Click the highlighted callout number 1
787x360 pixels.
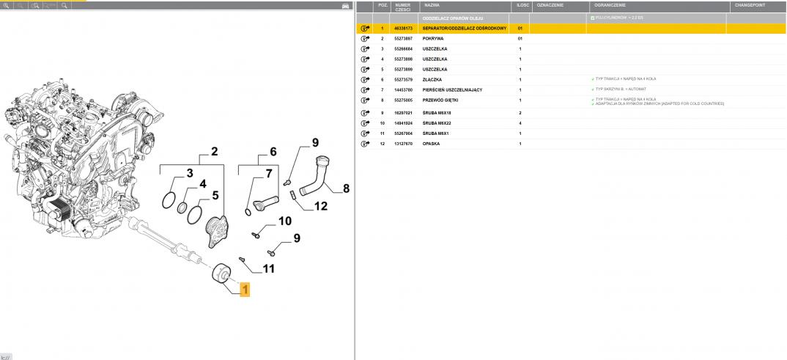(x=245, y=290)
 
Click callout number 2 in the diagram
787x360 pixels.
(x=215, y=153)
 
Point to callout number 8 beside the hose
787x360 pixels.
(x=346, y=188)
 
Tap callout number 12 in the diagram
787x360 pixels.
(x=320, y=206)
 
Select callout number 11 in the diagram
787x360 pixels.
(x=269, y=268)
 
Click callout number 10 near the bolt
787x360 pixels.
(x=284, y=221)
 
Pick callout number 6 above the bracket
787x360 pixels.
(x=273, y=153)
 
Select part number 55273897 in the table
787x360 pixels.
(x=403, y=38)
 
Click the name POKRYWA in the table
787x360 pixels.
(x=433, y=38)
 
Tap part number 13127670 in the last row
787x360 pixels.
(x=403, y=144)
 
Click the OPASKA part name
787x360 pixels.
(x=432, y=144)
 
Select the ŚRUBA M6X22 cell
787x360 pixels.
(x=438, y=123)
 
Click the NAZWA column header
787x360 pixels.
(x=432, y=4)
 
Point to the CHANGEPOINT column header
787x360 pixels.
(x=750, y=4)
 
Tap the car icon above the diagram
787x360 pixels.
(x=345, y=5)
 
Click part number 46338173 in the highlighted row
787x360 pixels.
(x=403, y=28)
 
